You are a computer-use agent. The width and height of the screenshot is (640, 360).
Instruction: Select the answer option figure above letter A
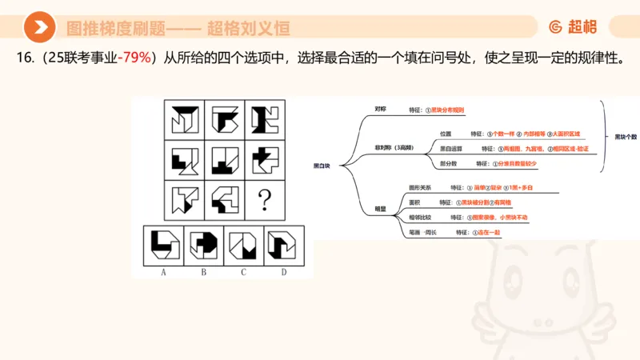(163, 245)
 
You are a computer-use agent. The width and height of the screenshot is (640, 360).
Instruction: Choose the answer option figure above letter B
(204, 245)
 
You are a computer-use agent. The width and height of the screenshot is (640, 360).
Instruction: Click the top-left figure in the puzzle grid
(185, 119)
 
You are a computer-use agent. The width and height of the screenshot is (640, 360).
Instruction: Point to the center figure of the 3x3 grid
(226, 160)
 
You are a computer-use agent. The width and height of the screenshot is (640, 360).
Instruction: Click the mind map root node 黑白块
(322, 166)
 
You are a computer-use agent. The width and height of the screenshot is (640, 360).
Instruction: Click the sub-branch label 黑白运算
(451, 148)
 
